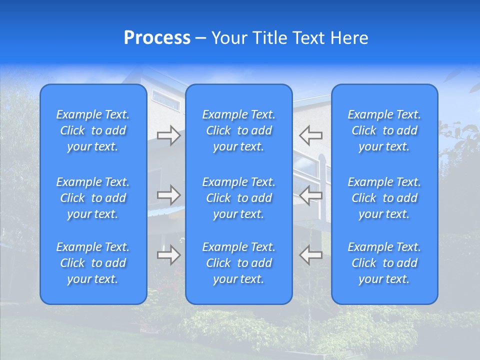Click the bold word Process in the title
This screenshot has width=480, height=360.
pyautogui.click(x=157, y=38)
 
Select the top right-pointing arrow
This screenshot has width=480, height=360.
pyautogui.click(x=168, y=135)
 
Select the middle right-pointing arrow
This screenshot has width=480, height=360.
pyautogui.click(x=168, y=195)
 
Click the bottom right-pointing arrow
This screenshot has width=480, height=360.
pyautogui.click(x=168, y=255)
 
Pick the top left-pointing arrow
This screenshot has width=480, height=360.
pyautogui.click(x=311, y=135)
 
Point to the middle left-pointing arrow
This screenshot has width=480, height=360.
pyautogui.click(x=311, y=195)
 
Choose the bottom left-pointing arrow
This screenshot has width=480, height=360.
pyautogui.click(x=311, y=255)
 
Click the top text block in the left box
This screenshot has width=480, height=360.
pyautogui.click(x=93, y=130)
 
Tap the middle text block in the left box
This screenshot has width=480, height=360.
pyautogui.click(x=93, y=198)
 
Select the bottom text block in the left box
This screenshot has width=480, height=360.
pyautogui.click(x=93, y=263)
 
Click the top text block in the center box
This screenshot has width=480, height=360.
pyautogui.click(x=239, y=130)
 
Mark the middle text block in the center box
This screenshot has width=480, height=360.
pyautogui.click(x=239, y=198)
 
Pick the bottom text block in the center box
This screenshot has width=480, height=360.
pyautogui.click(x=239, y=263)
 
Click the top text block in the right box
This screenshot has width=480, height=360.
pyautogui.click(x=384, y=130)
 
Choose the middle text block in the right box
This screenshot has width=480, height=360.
pyautogui.click(x=384, y=198)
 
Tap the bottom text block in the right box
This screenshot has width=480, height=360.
pyautogui.click(x=384, y=263)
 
